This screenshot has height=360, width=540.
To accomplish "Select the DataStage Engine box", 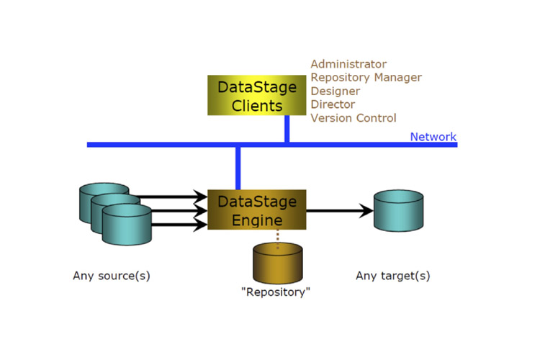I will click(x=257, y=210).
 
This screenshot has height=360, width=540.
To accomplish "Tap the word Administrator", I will click(x=348, y=65).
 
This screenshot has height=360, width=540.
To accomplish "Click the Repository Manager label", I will click(x=366, y=78).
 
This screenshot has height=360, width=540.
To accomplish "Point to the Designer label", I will click(x=335, y=91).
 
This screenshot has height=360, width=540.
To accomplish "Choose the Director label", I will click(x=332, y=104).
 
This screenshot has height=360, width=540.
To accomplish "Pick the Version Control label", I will click(x=353, y=118).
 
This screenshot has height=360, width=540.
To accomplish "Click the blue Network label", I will click(x=433, y=137).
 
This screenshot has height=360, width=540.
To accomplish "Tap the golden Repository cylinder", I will click(x=278, y=264).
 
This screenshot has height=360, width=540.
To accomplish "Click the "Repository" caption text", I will click(x=277, y=293).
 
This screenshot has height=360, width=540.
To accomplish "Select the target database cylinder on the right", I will click(x=398, y=210).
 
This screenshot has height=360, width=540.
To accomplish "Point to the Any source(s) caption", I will click(x=112, y=276).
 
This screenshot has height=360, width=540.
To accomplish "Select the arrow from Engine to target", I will click(x=338, y=211).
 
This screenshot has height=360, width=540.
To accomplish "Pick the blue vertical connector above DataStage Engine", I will click(x=238, y=168).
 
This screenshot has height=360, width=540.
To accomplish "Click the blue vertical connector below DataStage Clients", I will click(x=287, y=129).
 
